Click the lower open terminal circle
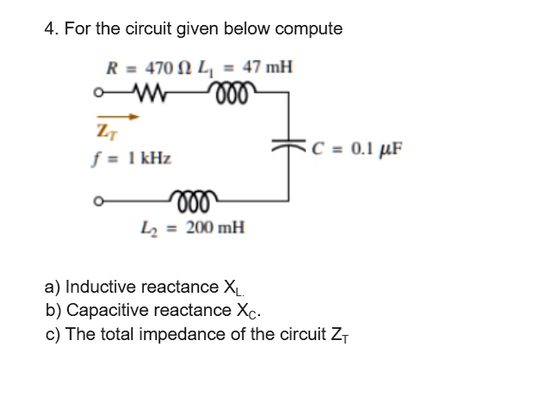click(101, 205)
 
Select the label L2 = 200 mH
click(201, 228)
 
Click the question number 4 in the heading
click(50, 28)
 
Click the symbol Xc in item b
click(245, 311)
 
